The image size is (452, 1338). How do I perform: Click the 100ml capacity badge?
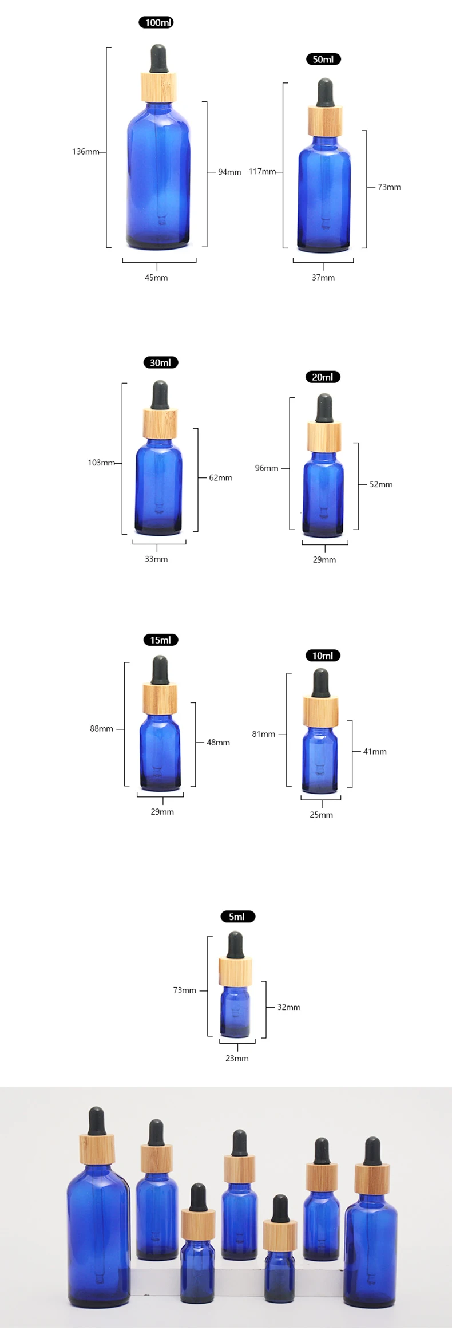click(x=156, y=23)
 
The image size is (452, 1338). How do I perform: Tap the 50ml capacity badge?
click(x=323, y=60)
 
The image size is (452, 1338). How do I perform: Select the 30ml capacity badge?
click(x=161, y=363)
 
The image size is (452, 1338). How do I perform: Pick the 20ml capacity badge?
click(x=323, y=377)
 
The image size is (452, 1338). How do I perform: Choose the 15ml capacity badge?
click(x=161, y=640)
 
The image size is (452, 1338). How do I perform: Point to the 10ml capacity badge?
click(x=323, y=656)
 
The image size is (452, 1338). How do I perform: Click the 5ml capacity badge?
click(x=237, y=917)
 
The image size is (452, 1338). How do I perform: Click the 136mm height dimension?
click(x=85, y=152)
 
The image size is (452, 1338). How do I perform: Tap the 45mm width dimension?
click(x=156, y=278)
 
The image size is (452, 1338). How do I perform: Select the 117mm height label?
click(x=262, y=172)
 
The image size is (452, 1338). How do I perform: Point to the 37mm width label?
click(x=323, y=278)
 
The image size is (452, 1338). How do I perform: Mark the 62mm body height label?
click(x=221, y=478)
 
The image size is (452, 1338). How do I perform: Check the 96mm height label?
click(x=267, y=468)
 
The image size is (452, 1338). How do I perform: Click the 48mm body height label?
click(x=218, y=743)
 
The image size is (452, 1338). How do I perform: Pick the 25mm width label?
click(x=321, y=815)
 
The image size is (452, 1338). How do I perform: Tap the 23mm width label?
click(x=237, y=1059)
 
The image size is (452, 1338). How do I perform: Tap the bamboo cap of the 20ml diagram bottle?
click(x=324, y=437)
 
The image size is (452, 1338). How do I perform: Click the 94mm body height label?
click(x=229, y=172)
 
